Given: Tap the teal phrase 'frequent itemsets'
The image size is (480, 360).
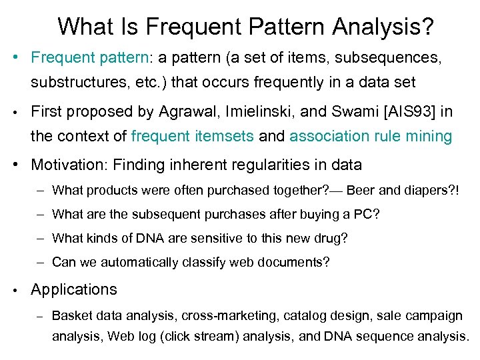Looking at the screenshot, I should tap(193, 137).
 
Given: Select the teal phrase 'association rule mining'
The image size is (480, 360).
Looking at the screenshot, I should tap(371, 137).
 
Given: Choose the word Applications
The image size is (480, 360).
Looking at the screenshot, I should tap(74, 289).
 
